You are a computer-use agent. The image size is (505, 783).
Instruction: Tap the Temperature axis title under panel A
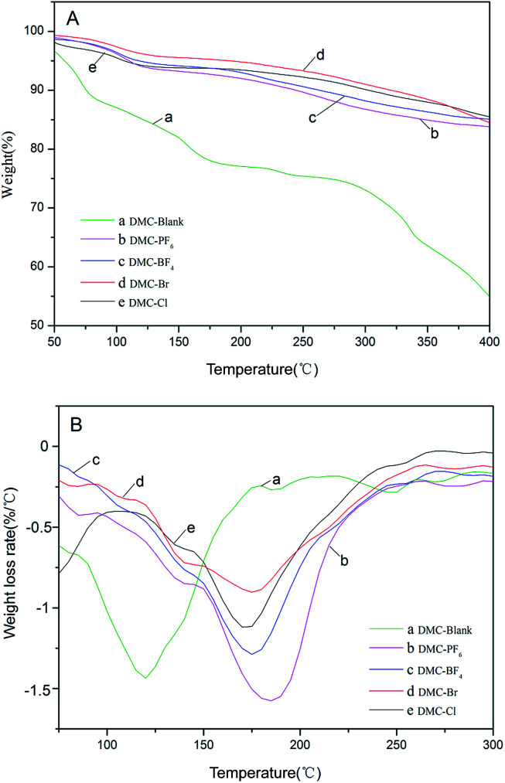pyautogui.click(x=261, y=369)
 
